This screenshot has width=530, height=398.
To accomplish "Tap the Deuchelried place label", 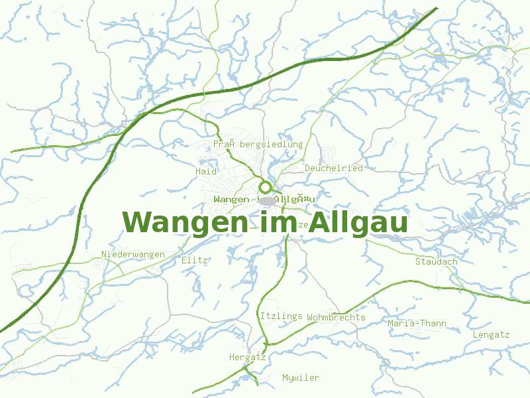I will coord(333,168).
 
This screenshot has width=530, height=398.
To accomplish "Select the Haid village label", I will coord(206,171).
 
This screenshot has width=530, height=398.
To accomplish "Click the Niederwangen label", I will coord(133,255).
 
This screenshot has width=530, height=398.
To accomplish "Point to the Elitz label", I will coord(195,261).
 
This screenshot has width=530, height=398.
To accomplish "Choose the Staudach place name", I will coord(436,261).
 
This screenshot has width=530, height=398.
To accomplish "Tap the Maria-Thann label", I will coord(417,324).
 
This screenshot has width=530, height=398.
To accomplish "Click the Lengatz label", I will coord(491,335).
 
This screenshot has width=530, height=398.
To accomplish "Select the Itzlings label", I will coord(281,316).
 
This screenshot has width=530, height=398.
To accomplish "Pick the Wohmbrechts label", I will coord(336,317).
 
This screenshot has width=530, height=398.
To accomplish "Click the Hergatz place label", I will coord(247,357).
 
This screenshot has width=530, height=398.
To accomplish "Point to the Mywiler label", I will coord(300,378).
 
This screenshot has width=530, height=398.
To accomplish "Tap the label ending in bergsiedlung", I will coord(258,144).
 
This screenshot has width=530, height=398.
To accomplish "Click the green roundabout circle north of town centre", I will coord(266,187).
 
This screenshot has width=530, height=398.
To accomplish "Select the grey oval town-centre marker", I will coord(267,200).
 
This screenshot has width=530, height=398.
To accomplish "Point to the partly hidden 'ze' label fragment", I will coord(304,225).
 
